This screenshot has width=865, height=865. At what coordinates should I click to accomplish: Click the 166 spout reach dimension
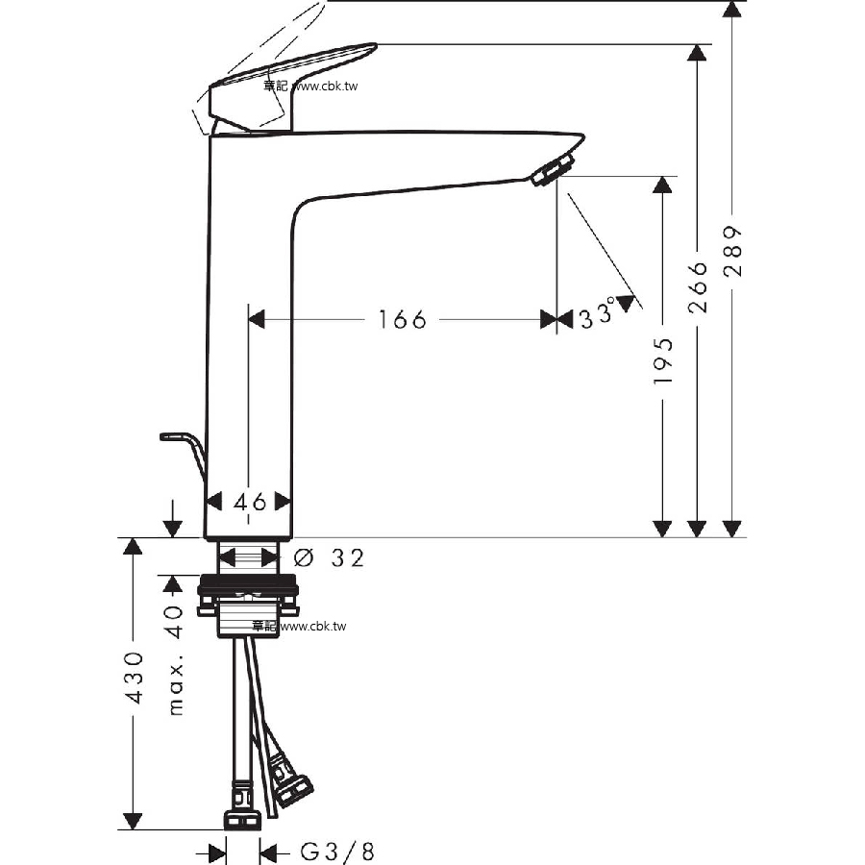[x=403, y=319]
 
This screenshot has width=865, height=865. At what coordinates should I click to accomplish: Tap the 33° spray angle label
[x=597, y=314]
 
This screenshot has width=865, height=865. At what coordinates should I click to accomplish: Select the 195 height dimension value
[x=662, y=361]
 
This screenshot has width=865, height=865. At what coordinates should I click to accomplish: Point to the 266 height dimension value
[x=698, y=286]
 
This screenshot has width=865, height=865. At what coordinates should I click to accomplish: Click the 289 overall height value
[x=732, y=251]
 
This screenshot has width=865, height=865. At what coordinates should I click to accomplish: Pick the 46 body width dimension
[x=250, y=502]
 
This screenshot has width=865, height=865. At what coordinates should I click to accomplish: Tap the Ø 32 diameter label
[x=329, y=557]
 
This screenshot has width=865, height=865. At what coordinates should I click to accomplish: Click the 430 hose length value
[x=134, y=677]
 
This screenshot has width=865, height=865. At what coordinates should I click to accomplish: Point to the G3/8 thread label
[x=337, y=852]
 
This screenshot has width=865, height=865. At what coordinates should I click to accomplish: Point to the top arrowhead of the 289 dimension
[x=732, y=10]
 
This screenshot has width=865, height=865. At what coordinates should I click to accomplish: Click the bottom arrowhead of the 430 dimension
[x=133, y=821]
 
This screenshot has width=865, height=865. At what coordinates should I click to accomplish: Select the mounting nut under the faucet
[x=248, y=596]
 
